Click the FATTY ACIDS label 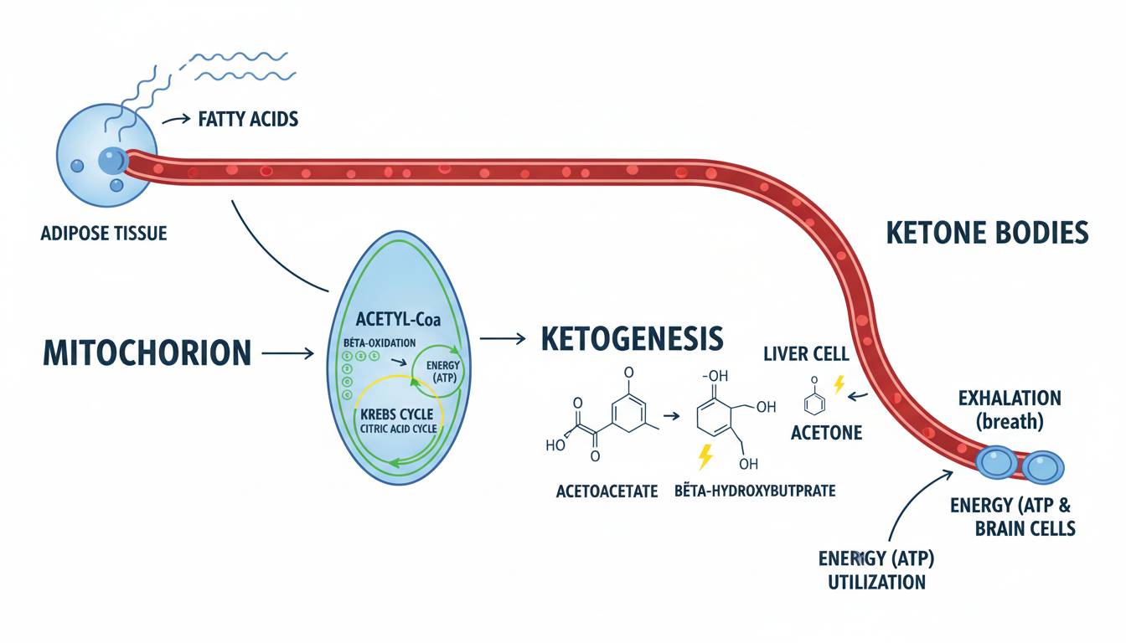[x=248, y=120]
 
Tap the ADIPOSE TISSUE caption [x=104, y=233]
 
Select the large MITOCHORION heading [x=147, y=352]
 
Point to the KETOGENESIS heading [x=632, y=338]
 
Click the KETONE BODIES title [x=987, y=232]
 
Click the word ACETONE [x=826, y=434]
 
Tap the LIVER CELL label [x=800, y=354]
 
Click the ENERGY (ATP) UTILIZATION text [x=876, y=570]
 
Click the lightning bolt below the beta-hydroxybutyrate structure [x=705, y=457]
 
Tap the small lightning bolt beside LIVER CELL [x=839, y=384]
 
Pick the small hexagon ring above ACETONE [x=812, y=403]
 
